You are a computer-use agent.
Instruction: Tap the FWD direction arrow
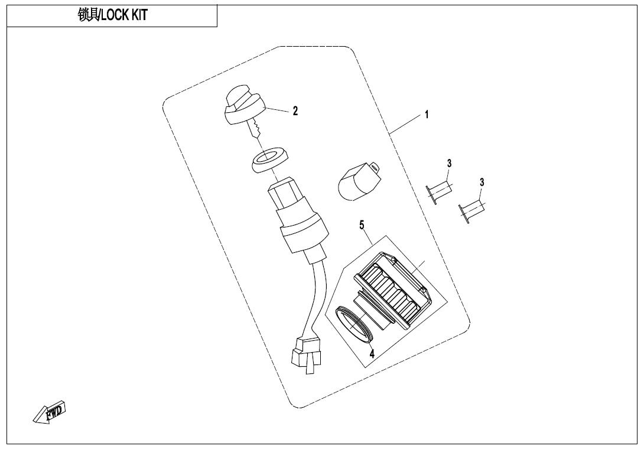50,411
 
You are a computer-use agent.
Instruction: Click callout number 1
427,115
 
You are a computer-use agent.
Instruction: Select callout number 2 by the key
295,111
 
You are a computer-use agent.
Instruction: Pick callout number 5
362,225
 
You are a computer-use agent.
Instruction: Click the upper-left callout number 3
450,163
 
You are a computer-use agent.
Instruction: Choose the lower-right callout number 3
482,183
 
